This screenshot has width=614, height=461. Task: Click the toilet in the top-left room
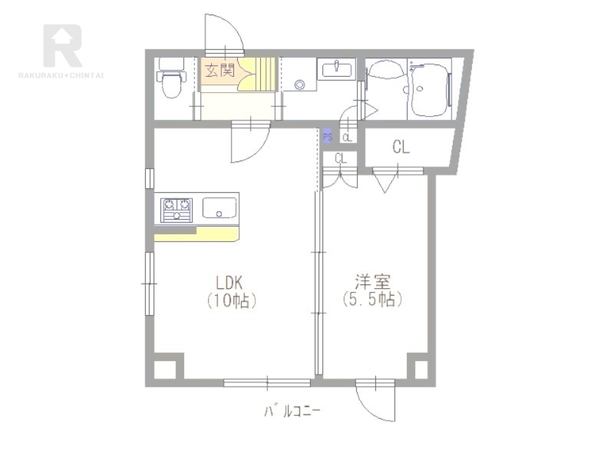(171, 78)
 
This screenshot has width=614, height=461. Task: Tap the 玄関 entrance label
(220, 70)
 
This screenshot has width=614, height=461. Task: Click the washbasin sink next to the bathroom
(336, 69)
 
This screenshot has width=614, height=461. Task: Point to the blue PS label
(328, 137)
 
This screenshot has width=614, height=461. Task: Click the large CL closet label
(401, 147)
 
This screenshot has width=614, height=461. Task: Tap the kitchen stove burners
(177, 210)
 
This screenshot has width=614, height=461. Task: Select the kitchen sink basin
(220, 207)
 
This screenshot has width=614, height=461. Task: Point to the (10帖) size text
(232, 300)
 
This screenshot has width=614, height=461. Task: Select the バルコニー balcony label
(292, 411)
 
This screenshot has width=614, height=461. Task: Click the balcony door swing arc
(370, 410)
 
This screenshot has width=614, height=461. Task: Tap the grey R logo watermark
(63, 45)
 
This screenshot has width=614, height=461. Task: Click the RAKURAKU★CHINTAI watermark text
(61, 75)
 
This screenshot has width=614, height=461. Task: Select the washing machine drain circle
(300, 85)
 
